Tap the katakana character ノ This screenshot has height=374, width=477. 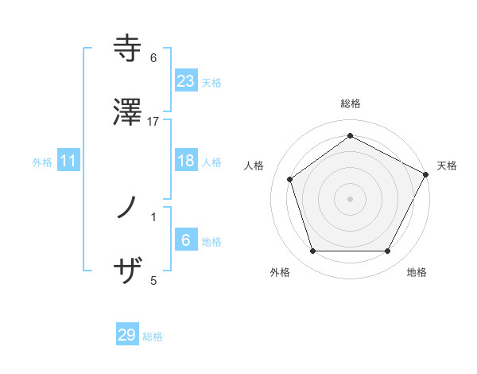(127, 209)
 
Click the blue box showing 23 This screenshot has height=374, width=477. (185, 80)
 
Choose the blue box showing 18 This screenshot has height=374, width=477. (185, 161)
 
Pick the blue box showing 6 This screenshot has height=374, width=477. (185, 240)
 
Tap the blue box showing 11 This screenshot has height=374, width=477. (68, 161)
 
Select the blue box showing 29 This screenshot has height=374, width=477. (127, 335)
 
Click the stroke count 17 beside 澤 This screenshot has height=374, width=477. (153, 122)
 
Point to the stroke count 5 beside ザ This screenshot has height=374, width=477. (153, 280)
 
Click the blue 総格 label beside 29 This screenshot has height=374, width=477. (153, 337)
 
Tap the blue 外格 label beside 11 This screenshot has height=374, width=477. (42, 162)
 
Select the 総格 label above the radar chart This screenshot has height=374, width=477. (350, 103)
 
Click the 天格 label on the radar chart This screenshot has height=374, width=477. (448, 166)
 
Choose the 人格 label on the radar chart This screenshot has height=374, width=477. (254, 166)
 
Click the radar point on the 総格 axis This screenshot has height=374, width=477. (350, 135)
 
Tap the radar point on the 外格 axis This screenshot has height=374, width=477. (312, 251)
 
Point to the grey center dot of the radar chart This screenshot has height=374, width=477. (350, 198)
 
